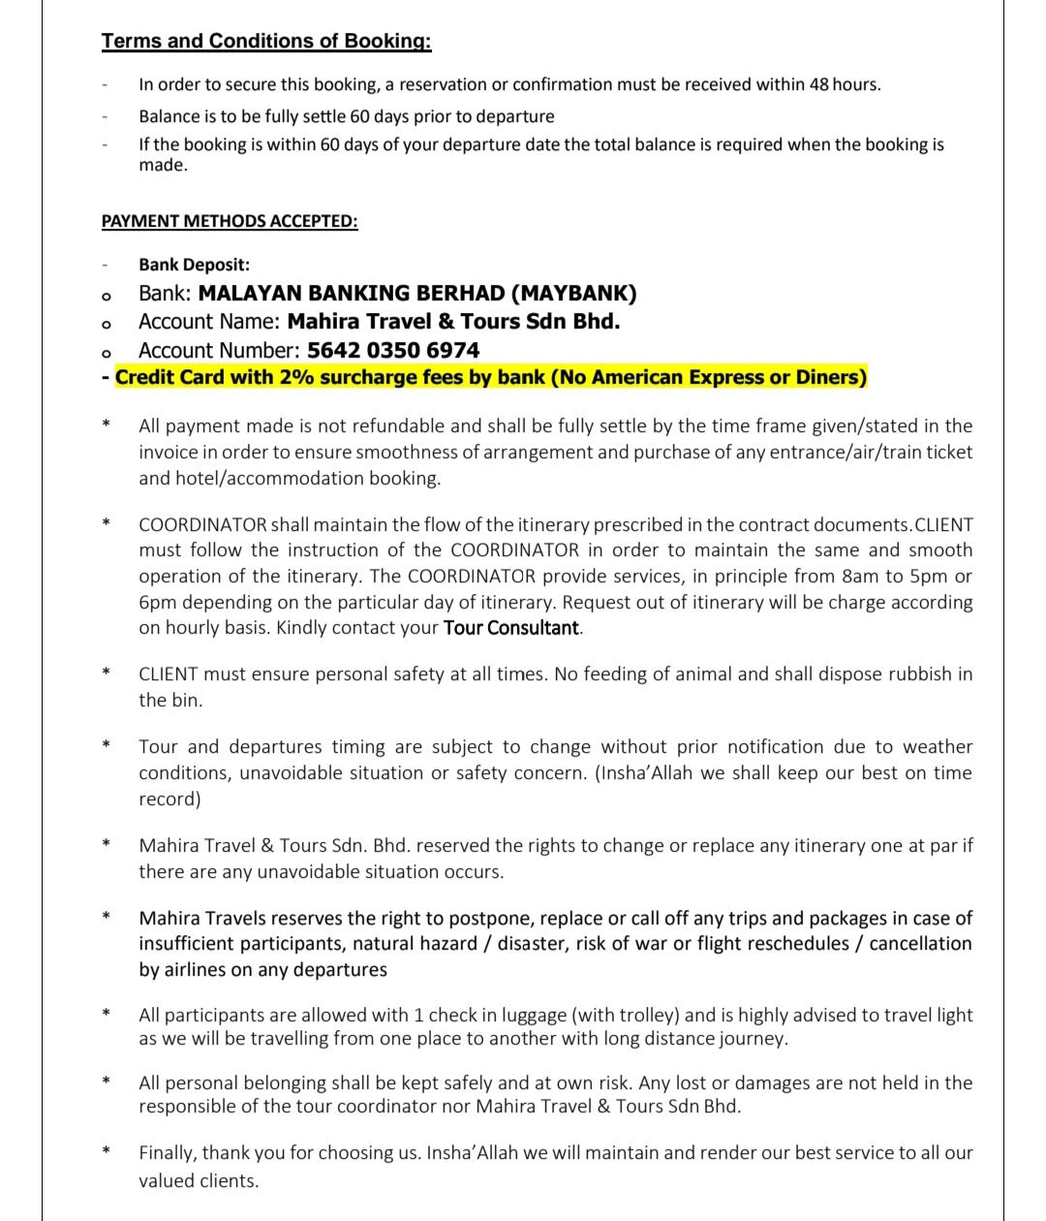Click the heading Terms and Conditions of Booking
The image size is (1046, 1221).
point(266,41)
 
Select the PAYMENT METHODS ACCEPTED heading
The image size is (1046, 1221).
point(230,221)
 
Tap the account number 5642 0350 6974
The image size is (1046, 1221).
point(393,350)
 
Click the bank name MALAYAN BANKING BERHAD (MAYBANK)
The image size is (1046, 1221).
point(417,293)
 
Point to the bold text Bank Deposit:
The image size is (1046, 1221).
point(194,265)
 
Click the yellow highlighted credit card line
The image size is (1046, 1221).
point(491,377)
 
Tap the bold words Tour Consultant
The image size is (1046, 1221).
point(510,628)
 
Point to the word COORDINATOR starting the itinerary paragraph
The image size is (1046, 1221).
point(202,524)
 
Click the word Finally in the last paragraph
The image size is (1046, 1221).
point(167,1153)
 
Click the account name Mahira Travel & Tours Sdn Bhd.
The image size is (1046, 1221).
point(453,321)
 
